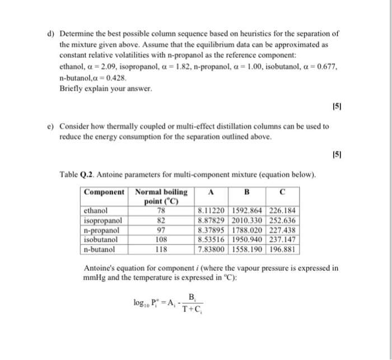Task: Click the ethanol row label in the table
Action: coord(96,211)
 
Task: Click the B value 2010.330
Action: coord(247,221)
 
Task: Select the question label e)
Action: coord(50,127)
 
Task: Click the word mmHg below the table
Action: coord(94,277)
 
